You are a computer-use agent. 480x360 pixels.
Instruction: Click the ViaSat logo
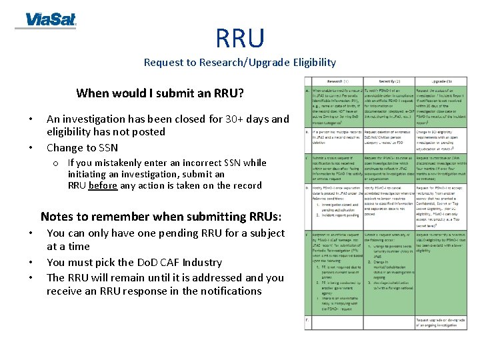[50, 20]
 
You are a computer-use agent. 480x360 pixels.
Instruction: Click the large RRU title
[239, 39]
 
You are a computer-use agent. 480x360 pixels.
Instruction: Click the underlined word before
[103, 186]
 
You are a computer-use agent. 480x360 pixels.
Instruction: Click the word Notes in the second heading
[56, 217]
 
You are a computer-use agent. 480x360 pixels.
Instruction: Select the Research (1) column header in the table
[337, 82]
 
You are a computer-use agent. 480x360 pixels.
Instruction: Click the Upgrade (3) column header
[441, 82]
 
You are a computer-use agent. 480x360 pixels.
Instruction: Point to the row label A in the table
[307, 90]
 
